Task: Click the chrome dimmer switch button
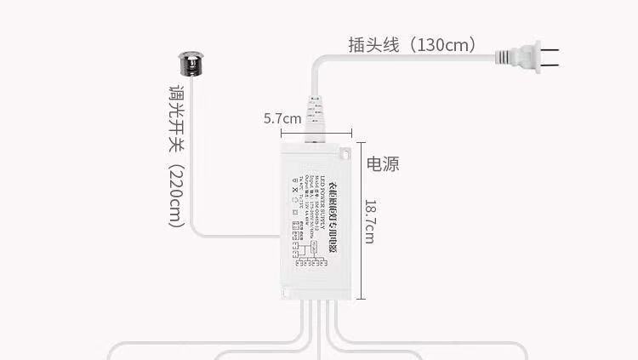click(191, 65)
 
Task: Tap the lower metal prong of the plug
click(550, 66)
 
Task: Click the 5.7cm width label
click(282, 119)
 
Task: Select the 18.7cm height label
click(369, 221)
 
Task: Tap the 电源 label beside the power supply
click(383, 163)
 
